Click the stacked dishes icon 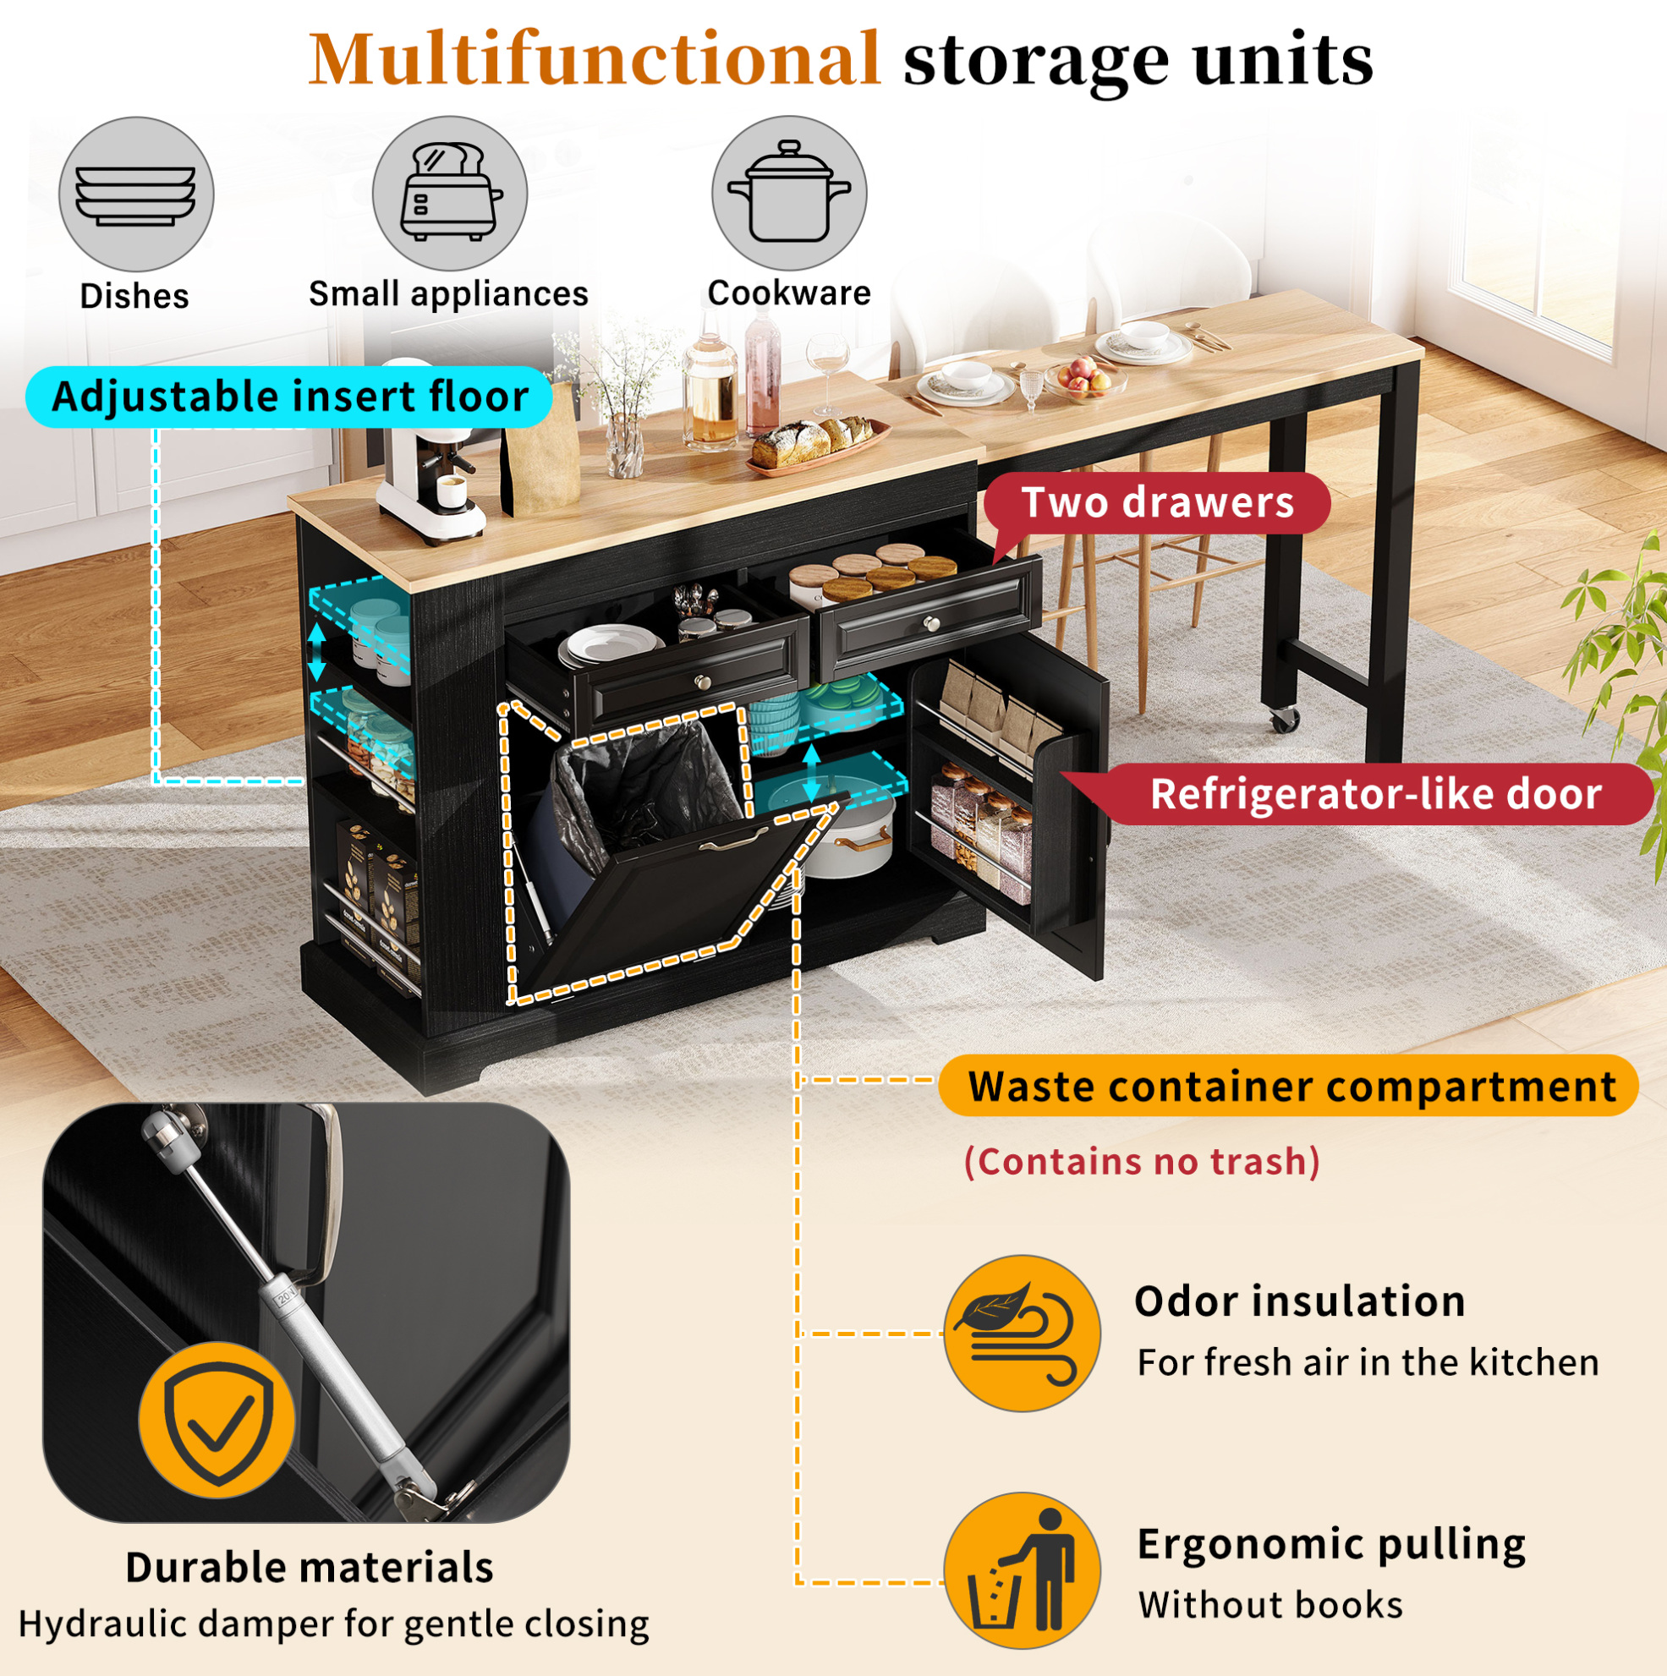click(x=136, y=194)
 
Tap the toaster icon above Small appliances click(x=449, y=194)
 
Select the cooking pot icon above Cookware click(x=789, y=193)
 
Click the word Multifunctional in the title click(x=595, y=59)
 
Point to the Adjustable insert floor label click(x=289, y=397)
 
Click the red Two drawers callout click(x=1157, y=503)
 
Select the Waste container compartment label click(x=1289, y=1085)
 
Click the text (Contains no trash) click(x=1142, y=1162)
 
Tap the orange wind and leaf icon click(x=1022, y=1334)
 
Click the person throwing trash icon click(x=1022, y=1571)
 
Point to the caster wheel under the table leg click(x=1285, y=718)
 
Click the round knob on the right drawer click(x=931, y=623)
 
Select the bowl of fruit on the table click(x=1084, y=378)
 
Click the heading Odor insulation click(x=1300, y=1302)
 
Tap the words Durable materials click(x=310, y=1568)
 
